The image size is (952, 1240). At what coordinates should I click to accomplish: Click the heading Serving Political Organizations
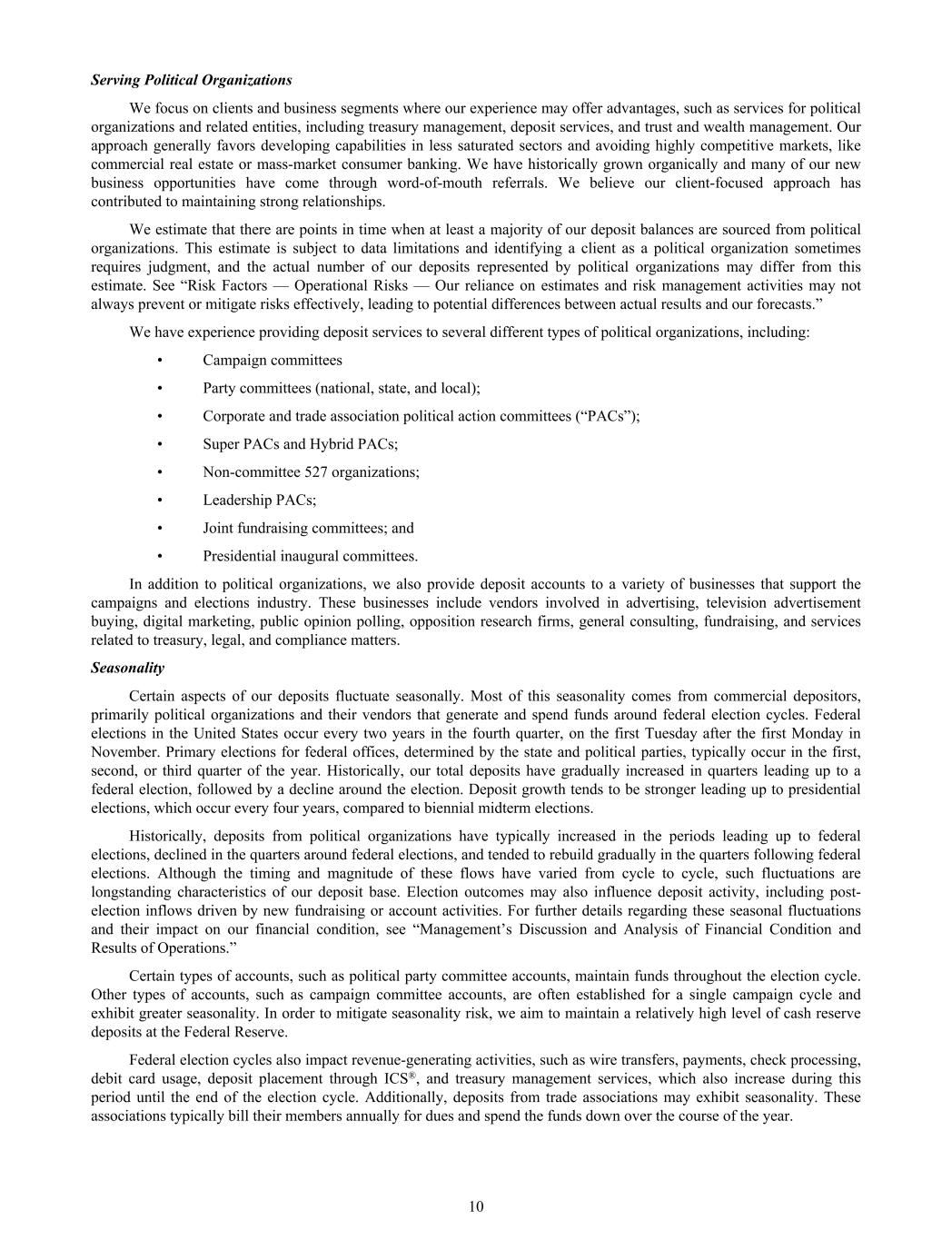tap(191, 80)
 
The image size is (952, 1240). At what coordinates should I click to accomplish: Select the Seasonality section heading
tap(127, 668)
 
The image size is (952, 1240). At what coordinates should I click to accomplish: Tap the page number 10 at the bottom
tap(476, 1206)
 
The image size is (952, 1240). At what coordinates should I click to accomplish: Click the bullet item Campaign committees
tap(273, 360)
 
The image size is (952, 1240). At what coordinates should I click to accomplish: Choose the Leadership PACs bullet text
tap(259, 500)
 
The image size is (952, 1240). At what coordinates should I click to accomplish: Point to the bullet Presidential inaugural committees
tap(310, 556)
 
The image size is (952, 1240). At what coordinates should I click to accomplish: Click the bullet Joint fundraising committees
tap(308, 528)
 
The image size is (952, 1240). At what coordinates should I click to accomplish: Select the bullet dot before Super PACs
tap(159, 444)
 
